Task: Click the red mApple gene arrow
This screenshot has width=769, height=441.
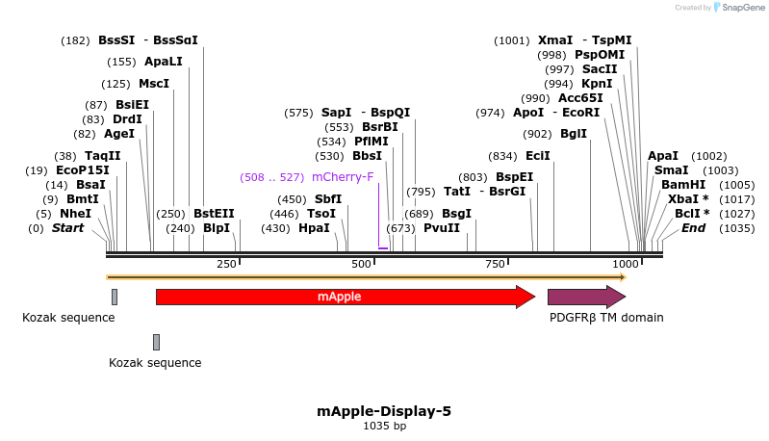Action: [x=342, y=297]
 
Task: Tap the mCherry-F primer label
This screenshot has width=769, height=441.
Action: [x=343, y=177]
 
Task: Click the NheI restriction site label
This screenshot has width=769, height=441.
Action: [x=75, y=213]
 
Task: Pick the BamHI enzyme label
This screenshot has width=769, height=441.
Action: [x=683, y=184]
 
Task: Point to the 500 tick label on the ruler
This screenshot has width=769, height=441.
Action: [x=362, y=264]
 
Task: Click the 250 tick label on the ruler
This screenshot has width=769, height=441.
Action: [x=227, y=264]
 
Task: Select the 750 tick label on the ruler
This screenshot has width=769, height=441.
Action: [x=495, y=264]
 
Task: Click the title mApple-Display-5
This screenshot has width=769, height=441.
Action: [x=384, y=411]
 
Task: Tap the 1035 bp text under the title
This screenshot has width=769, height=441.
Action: [x=384, y=426]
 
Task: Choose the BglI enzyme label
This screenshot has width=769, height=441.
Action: [x=574, y=134]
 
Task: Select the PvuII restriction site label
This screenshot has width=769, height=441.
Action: [x=442, y=228]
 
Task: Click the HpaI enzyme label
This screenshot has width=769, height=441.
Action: [x=314, y=228]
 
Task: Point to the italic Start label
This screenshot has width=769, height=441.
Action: [x=67, y=228]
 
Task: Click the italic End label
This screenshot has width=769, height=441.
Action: [x=693, y=228]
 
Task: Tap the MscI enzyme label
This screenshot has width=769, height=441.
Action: [x=154, y=84]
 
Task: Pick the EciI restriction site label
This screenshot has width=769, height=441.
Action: [x=538, y=155]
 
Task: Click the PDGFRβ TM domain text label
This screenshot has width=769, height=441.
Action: [x=605, y=318]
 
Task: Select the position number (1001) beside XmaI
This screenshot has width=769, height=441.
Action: [x=512, y=40]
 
